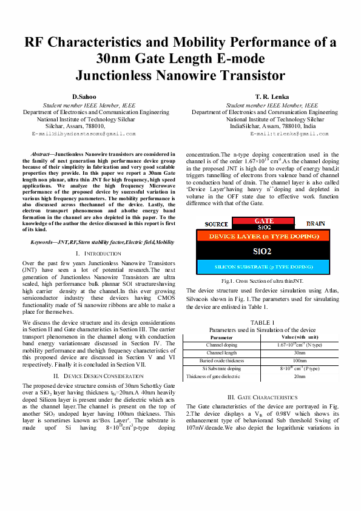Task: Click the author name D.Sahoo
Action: point(86,97)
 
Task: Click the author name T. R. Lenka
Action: point(272,97)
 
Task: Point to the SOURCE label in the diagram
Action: point(217,225)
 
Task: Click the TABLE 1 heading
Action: point(262,322)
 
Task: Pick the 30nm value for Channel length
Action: point(300,352)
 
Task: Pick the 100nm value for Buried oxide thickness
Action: point(300,360)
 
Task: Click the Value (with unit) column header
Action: point(300,336)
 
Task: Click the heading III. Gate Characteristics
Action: point(263,397)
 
